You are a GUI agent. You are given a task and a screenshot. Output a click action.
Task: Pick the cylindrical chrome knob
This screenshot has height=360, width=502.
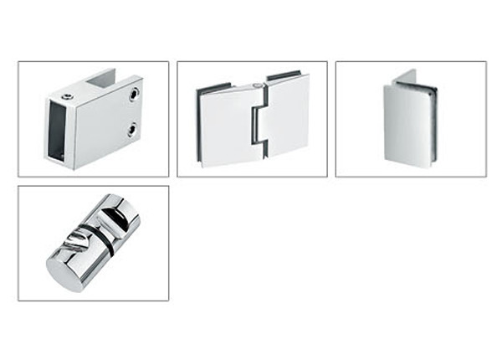click(93, 243)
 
